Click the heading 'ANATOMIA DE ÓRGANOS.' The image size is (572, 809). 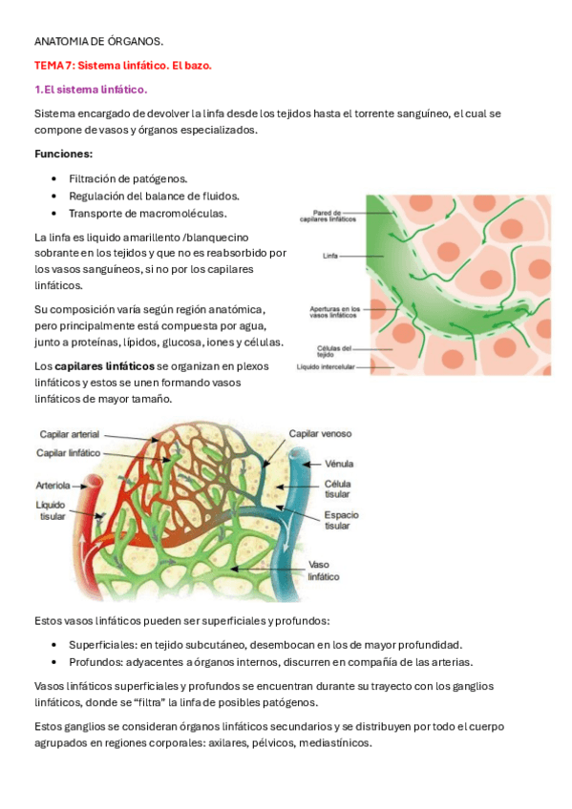tap(98, 43)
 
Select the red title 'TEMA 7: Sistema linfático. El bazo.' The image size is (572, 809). tap(122, 66)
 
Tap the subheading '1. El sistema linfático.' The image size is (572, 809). tap(91, 90)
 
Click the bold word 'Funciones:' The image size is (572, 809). tap(63, 154)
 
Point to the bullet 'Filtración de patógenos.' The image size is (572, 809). tap(128, 178)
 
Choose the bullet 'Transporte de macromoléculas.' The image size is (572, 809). tap(147, 213)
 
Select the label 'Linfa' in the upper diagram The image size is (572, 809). tap(331, 256)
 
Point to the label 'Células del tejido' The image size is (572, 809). tap(333, 351)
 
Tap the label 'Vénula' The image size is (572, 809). tap(339, 464)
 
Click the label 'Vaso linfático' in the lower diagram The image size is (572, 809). tap(324, 570)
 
